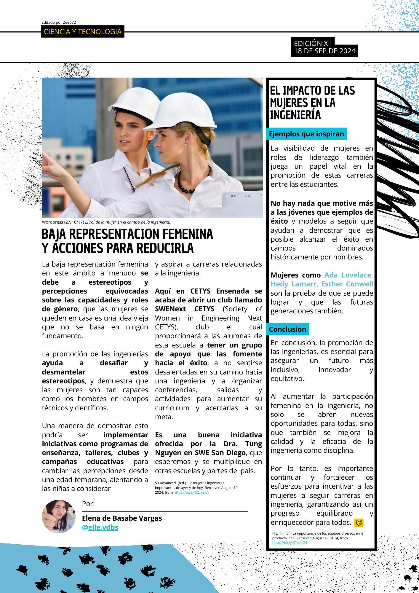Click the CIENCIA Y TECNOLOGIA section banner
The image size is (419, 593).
tap(82, 32)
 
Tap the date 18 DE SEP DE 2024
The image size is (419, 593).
tap(324, 51)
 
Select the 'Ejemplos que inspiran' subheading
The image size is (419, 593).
tap(306, 134)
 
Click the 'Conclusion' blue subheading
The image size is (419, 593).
tap(287, 329)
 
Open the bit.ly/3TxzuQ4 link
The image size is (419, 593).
tap(290, 543)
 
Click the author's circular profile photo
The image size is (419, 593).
tap(59, 516)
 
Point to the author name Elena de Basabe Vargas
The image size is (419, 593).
tap(122, 518)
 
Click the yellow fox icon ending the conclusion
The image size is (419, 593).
tap(359, 522)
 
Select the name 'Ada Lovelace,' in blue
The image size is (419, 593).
tap(348, 275)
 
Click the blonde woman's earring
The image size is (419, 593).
tap(186, 144)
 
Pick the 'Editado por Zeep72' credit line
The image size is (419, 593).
tap(59, 22)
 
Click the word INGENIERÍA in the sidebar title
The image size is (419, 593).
tap(295, 115)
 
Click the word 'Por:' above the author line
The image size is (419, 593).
tap(88, 503)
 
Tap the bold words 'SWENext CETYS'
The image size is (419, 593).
tap(185, 309)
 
